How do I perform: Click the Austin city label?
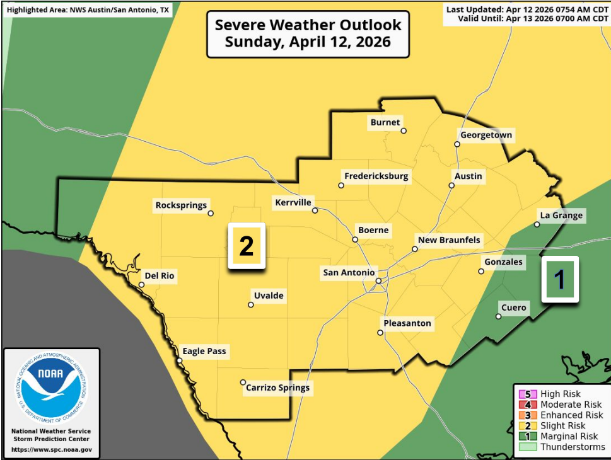(x=468, y=176)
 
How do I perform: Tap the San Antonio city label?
(x=349, y=272)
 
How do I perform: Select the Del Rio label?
(x=160, y=276)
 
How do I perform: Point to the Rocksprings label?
(x=181, y=205)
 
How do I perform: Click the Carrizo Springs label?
(x=277, y=388)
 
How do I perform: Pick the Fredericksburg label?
(x=376, y=176)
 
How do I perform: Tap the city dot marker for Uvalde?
(x=251, y=305)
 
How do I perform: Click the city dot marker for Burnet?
(x=404, y=131)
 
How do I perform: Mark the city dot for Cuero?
(x=498, y=316)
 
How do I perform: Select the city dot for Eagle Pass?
(x=180, y=360)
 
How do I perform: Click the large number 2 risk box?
(x=247, y=246)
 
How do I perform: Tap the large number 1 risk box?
(x=559, y=279)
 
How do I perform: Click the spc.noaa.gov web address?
(x=51, y=450)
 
